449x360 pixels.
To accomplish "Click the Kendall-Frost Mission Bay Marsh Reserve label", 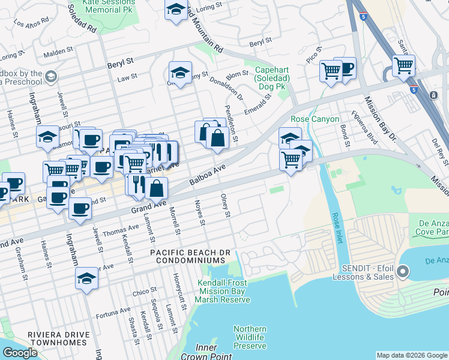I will click(224, 291).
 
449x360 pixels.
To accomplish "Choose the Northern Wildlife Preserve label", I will click(250, 337).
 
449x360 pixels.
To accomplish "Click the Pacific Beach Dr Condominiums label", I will click(188, 257).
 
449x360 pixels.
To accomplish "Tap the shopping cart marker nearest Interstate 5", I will click(404, 65).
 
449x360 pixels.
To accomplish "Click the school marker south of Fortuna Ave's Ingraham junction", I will click(86, 278).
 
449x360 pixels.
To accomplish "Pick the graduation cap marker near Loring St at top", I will click(176, 10).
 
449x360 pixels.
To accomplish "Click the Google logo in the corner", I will click(20, 353).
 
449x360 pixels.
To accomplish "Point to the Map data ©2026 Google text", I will click(411, 355).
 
